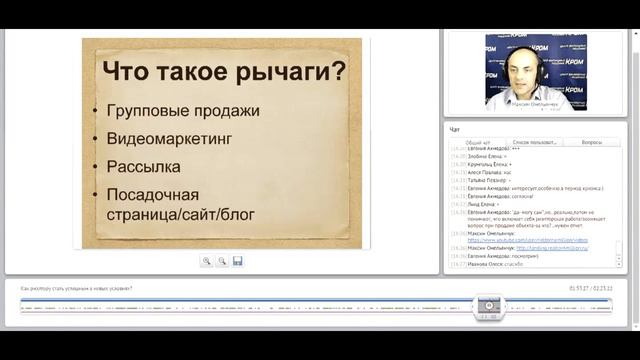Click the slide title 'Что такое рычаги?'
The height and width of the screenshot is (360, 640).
click(224, 73)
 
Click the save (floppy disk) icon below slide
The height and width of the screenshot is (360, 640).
click(237, 261)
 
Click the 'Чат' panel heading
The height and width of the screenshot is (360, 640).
click(455, 129)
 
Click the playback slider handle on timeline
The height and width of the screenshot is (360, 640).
click(489, 305)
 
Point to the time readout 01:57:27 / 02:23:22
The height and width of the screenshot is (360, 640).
click(591, 288)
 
